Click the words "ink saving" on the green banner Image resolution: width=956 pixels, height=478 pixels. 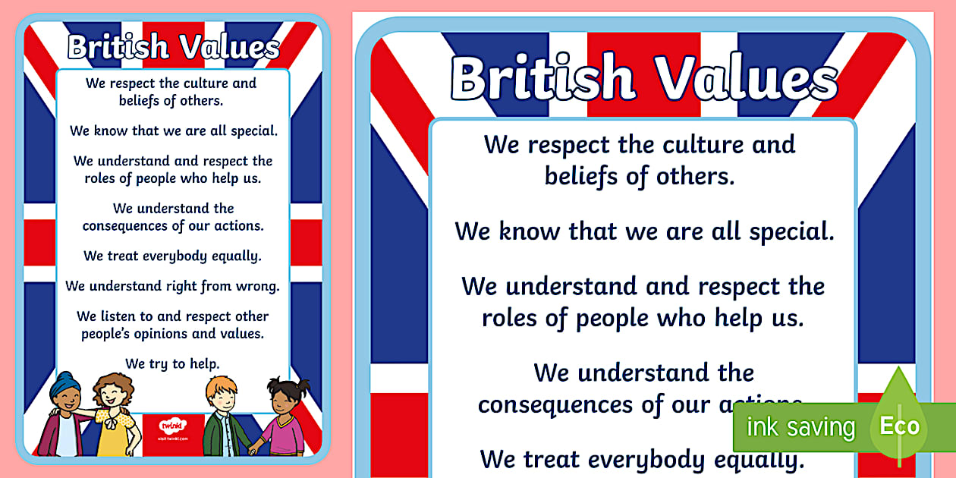pyautogui.click(x=800, y=427)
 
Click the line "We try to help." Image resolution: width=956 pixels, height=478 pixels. pyautogui.click(x=173, y=363)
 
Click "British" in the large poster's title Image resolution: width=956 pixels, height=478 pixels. pyautogui.click(x=543, y=78)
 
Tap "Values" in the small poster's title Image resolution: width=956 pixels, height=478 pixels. pyautogui.click(x=228, y=47)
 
